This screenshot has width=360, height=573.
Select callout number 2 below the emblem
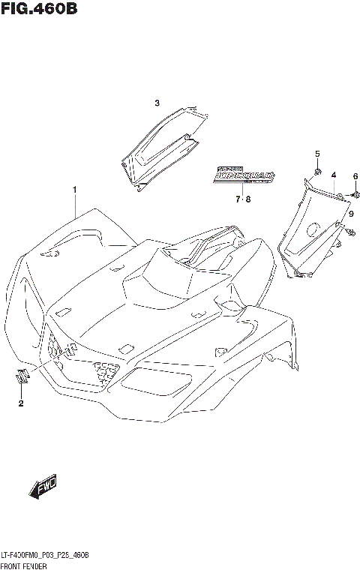coord(21,404)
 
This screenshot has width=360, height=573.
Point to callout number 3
coord(157,103)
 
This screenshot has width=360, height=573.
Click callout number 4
coord(333,175)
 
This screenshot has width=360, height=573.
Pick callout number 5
coord(317,154)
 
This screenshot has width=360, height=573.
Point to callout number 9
coord(350,214)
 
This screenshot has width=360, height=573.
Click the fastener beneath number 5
coord(317,172)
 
